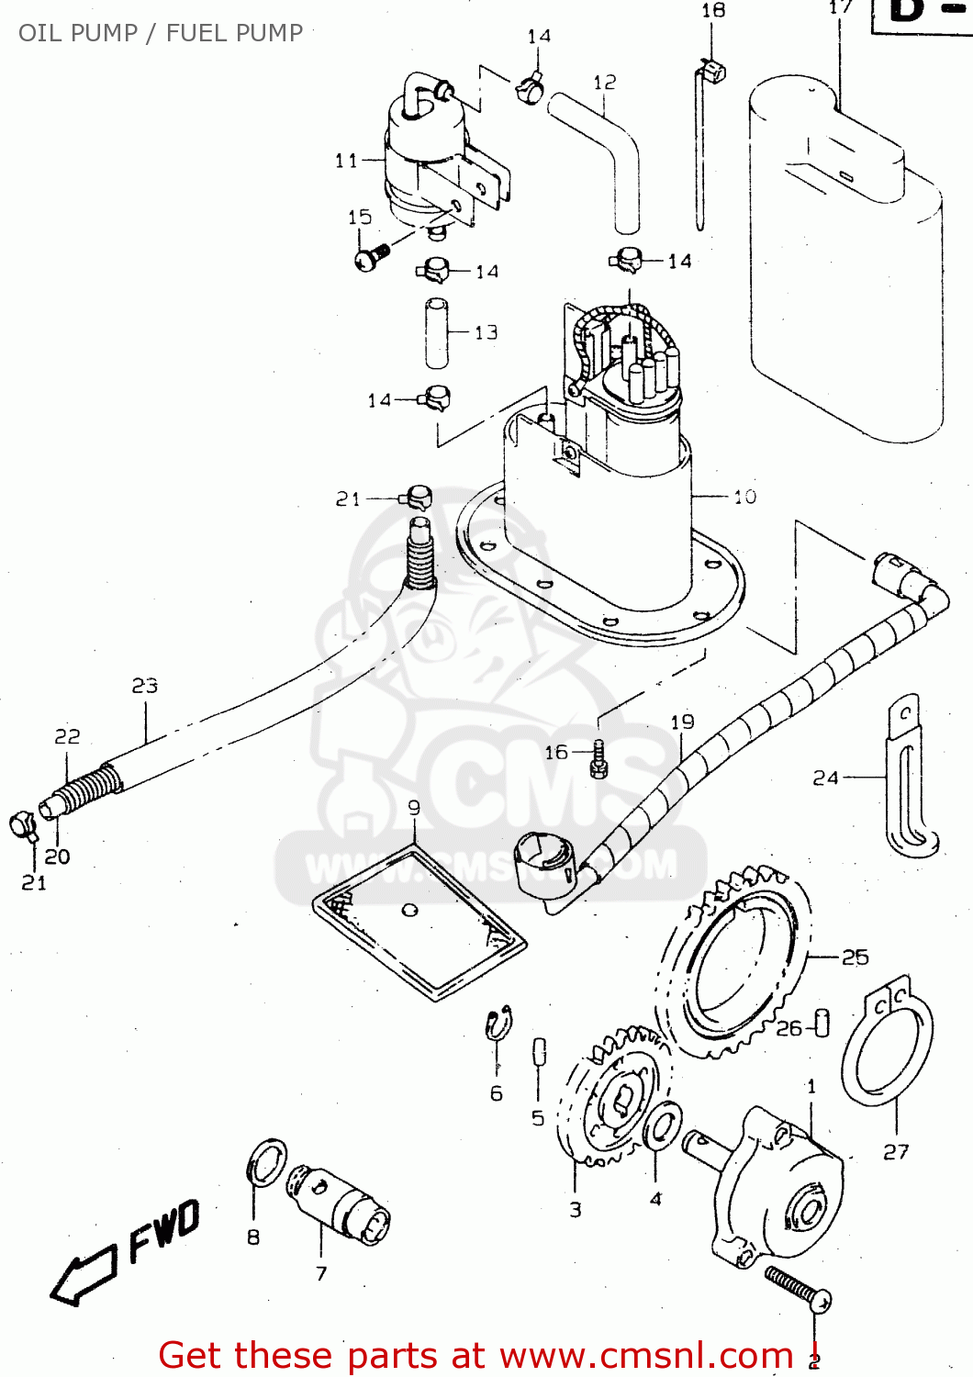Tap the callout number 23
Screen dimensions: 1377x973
(x=145, y=686)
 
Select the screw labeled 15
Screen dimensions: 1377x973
(x=371, y=254)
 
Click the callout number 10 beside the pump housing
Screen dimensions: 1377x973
(x=744, y=497)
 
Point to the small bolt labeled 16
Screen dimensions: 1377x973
(x=599, y=758)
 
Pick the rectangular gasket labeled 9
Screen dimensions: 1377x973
(x=419, y=923)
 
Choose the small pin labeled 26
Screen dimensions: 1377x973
(x=822, y=1023)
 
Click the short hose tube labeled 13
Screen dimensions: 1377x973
(x=437, y=333)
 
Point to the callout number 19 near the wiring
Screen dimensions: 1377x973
(x=682, y=722)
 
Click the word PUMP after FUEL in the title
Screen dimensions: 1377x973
(x=268, y=33)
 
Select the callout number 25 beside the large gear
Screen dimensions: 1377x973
(x=855, y=957)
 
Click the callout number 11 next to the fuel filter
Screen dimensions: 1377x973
(x=346, y=161)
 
